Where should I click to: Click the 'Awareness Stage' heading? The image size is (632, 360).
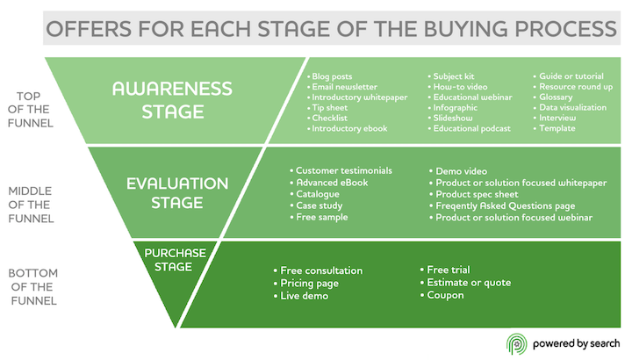click(x=172, y=100)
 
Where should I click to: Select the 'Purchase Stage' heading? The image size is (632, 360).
click(x=175, y=260)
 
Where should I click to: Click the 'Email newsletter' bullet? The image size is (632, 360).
click(x=346, y=87)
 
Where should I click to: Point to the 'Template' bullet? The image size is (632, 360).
click(x=559, y=128)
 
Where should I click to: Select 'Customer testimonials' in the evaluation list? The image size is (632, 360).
click(x=343, y=170)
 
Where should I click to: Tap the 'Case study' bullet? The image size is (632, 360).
click(x=322, y=205)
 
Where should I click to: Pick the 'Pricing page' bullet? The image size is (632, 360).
click(x=312, y=284)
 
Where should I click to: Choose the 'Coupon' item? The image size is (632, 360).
click(x=449, y=295)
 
